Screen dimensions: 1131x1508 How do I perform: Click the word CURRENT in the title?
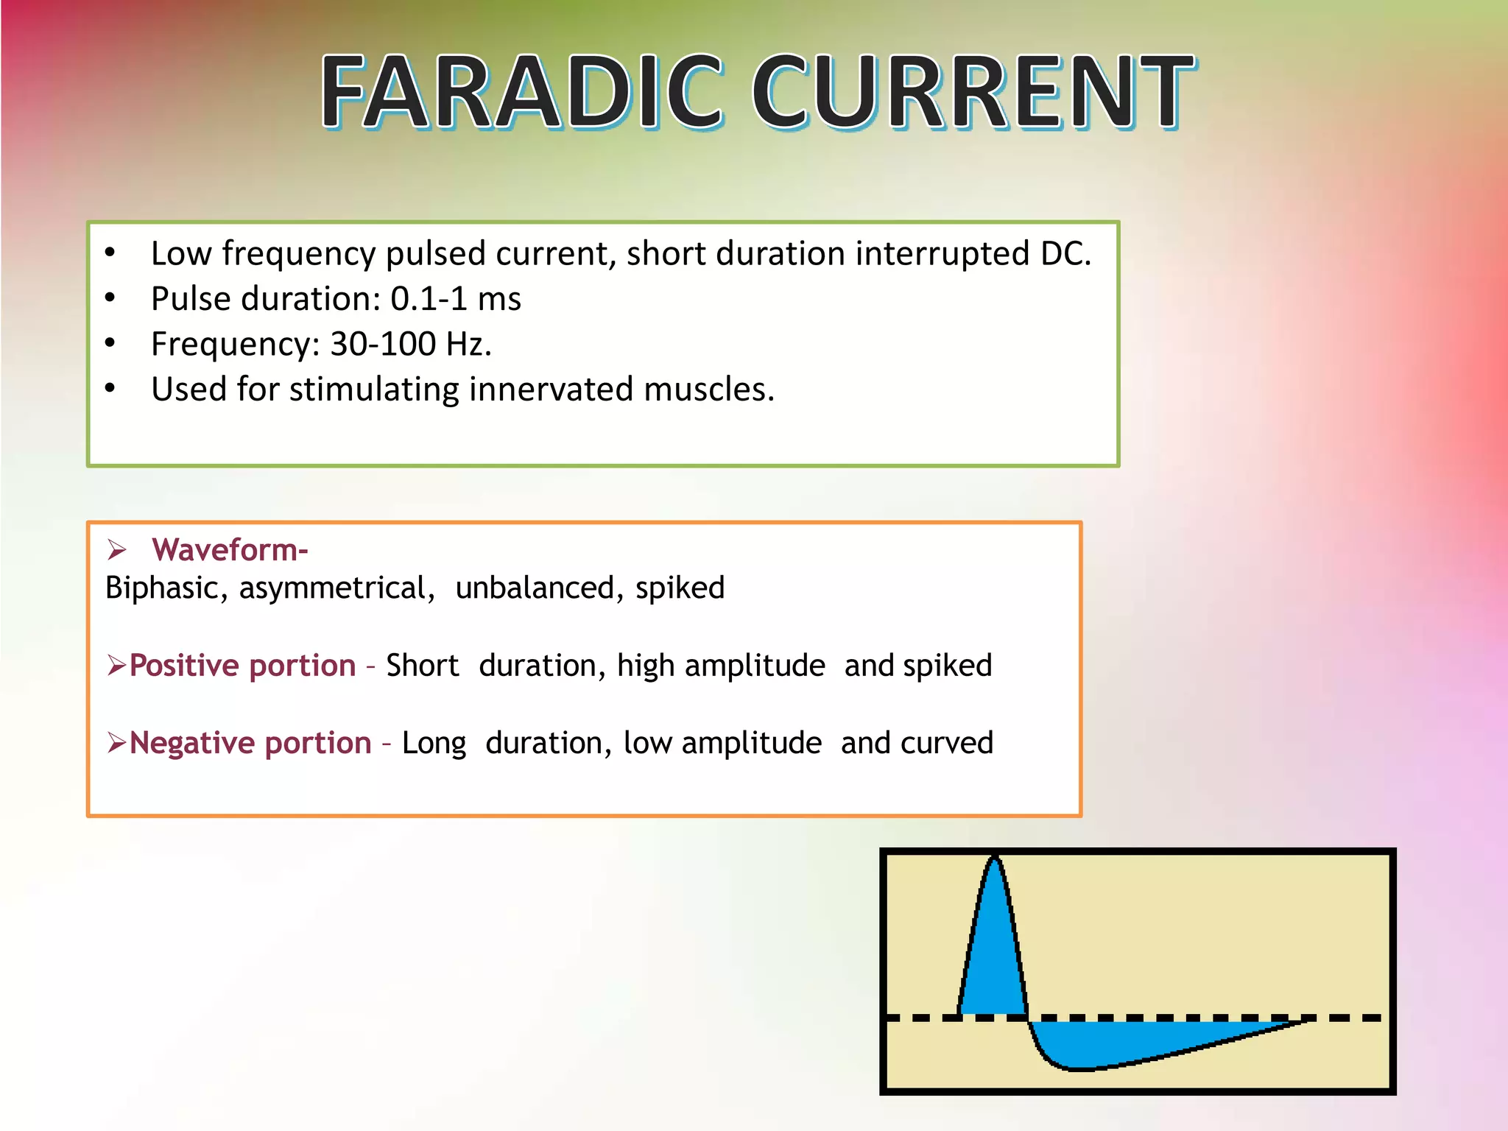[x=972, y=92]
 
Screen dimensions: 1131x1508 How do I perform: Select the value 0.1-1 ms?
[x=455, y=299]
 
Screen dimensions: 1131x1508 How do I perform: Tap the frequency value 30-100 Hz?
[x=410, y=344]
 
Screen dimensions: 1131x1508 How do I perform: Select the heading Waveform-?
[x=230, y=550]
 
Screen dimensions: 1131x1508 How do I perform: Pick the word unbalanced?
[x=535, y=588]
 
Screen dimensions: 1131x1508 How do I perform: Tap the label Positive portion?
[x=242, y=666]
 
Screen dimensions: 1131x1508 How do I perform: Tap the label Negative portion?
[x=250, y=743]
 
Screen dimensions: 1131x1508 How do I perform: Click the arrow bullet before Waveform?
[x=116, y=550]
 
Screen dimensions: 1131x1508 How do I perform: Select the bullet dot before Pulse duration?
[x=110, y=298]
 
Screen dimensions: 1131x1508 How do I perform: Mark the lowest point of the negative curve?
[x=1079, y=1068]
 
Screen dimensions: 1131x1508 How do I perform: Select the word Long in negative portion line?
[x=434, y=743]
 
